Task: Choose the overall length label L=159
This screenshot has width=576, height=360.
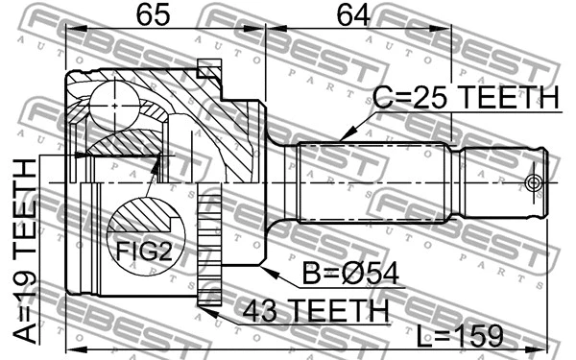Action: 461,335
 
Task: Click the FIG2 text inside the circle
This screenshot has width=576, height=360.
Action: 142,252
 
